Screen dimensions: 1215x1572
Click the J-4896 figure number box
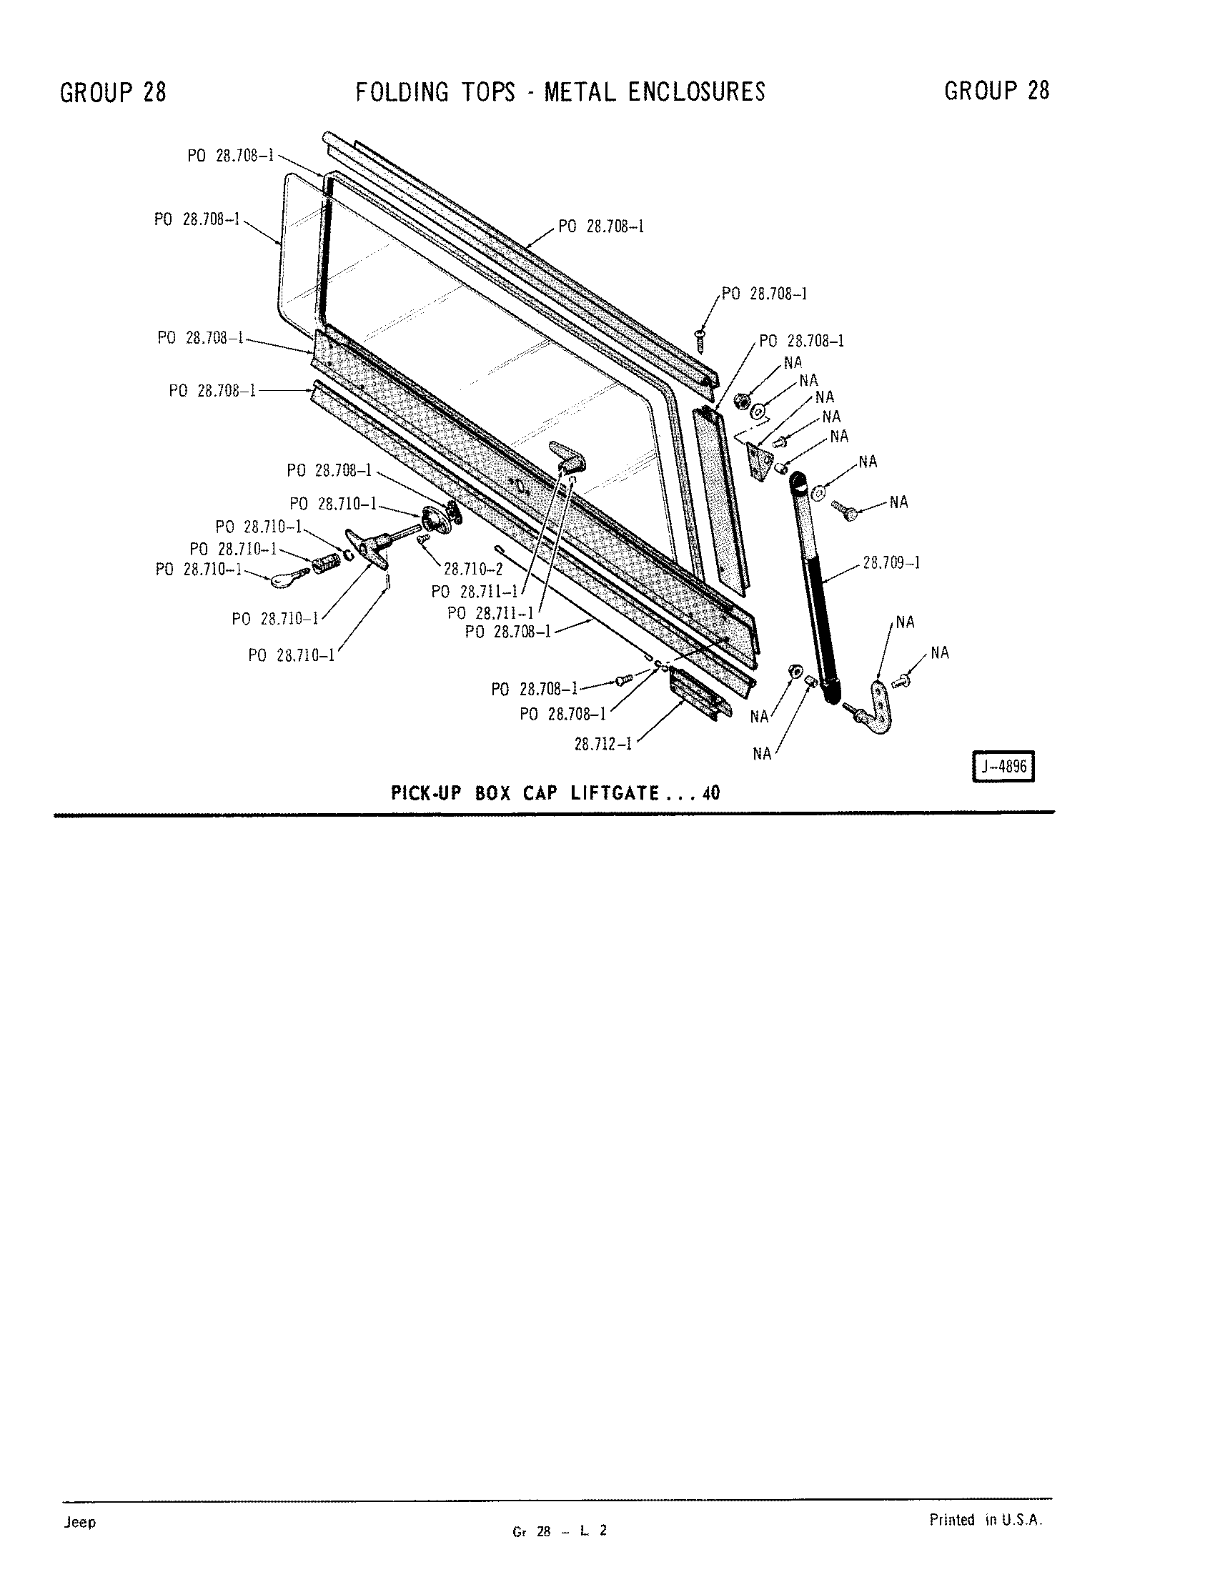tap(1003, 767)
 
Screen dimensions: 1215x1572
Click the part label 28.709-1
tap(892, 562)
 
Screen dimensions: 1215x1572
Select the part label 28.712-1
tap(603, 744)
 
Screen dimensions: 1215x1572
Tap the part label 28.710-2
tap(473, 569)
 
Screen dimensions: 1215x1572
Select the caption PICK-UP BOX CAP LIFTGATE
tap(525, 793)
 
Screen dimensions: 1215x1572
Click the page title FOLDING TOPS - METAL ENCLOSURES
tap(561, 92)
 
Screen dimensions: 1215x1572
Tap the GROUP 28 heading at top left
tap(113, 92)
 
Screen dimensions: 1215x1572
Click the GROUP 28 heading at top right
tap(997, 91)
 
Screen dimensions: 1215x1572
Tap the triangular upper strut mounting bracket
tap(758, 461)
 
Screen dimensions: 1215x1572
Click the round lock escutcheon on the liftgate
tap(435, 518)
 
